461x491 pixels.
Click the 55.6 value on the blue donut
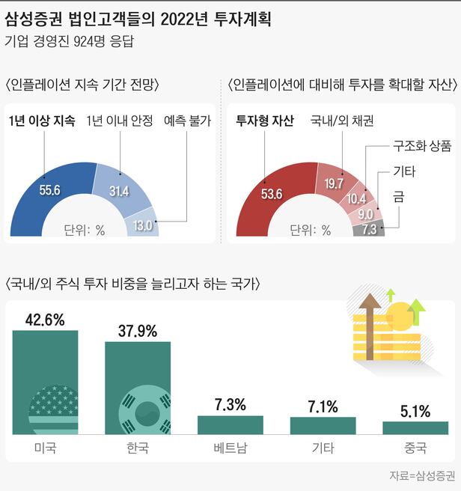tap(50, 190)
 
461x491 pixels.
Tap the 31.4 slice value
tap(119, 191)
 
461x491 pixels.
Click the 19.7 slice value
tap(333, 183)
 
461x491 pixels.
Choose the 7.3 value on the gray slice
tap(369, 229)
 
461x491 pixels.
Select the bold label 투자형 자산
tap(265, 121)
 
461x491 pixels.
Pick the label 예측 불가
tap(186, 121)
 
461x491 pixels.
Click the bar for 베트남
tap(230, 424)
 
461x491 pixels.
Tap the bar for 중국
tap(415, 427)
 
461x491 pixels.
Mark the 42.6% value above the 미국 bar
tap(45, 320)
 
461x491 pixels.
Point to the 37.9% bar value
tap(138, 331)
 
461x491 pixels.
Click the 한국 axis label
tap(138, 449)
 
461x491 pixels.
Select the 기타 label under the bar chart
tap(323, 449)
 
